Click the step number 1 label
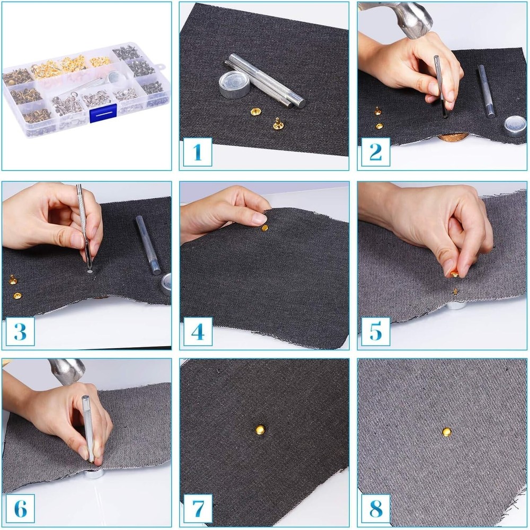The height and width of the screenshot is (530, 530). (198, 152)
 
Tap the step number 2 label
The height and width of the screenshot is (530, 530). (375, 152)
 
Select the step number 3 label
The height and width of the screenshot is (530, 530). (20, 332)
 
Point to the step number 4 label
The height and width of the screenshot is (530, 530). (198, 332)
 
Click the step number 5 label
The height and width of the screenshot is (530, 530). (375, 332)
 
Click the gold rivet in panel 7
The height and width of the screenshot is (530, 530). (260, 429)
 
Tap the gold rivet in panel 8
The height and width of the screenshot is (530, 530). (447, 432)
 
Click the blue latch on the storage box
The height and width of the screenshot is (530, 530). (103, 113)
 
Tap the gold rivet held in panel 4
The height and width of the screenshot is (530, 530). (264, 228)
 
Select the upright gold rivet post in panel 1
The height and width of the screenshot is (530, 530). (277, 123)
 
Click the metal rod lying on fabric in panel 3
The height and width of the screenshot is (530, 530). (148, 245)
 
